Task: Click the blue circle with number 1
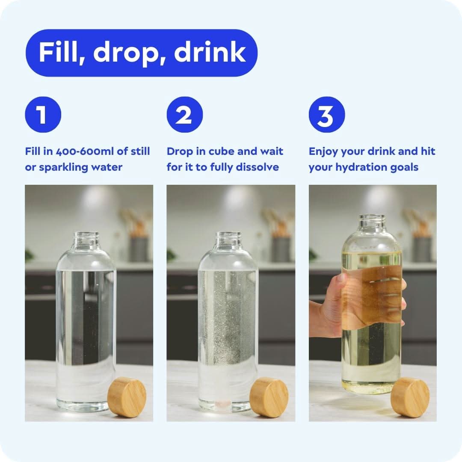(43, 114)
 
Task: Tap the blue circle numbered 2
(185, 114)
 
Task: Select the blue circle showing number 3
(327, 114)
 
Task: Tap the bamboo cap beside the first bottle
(127, 397)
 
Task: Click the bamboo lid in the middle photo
(269, 397)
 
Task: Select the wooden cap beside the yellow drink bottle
(410, 397)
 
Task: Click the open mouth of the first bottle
(86, 235)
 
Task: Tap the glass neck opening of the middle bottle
(228, 235)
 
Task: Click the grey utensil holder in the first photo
(139, 249)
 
